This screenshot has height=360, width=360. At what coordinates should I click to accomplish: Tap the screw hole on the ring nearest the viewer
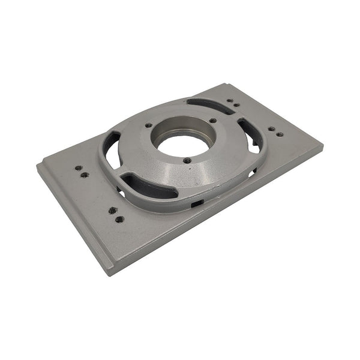[187, 160]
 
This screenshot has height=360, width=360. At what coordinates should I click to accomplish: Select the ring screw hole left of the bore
[148, 125]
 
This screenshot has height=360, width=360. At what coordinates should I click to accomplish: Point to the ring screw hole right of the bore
[213, 121]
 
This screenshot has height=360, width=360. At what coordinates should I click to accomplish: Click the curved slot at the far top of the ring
[209, 105]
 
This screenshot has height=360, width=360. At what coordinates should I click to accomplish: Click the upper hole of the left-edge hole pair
[78, 168]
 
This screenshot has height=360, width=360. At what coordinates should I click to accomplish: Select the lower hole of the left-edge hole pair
[85, 175]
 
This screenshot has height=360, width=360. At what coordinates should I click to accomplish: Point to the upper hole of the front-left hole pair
[112, 210]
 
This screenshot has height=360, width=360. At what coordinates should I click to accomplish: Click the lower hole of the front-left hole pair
[119, 219]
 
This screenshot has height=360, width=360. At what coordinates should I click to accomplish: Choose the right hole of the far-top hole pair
[236, 105]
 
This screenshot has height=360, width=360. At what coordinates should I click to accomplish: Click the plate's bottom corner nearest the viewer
[109, 272]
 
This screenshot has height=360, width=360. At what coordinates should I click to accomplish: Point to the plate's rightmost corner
[323, 146]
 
